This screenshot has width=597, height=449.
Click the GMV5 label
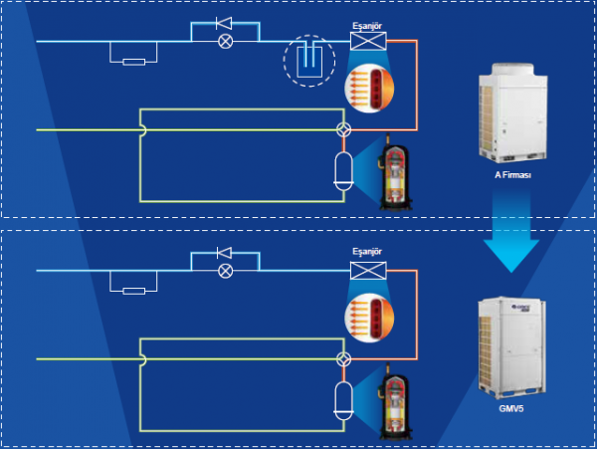(511, 408)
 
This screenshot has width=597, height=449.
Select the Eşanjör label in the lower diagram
(368, 252)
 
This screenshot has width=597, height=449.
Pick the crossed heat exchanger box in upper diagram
(368, 41)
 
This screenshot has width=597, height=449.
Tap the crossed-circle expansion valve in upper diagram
(225, 42)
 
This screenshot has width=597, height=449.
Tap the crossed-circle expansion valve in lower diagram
(225, 271)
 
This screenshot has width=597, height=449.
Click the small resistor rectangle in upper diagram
(136, 61)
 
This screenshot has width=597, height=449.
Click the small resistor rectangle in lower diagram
(136, 290)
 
